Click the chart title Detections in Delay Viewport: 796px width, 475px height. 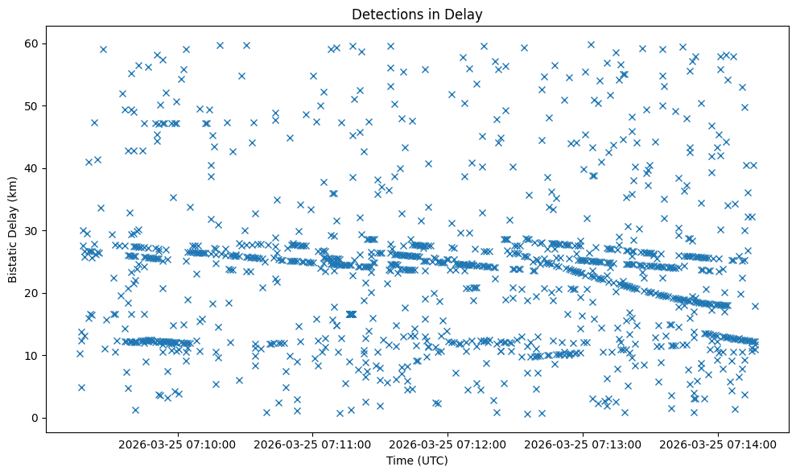click(x=417, y=14)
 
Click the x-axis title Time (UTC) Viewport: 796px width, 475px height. click(x=417, y=461)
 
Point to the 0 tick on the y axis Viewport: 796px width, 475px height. click(x=35, y=418)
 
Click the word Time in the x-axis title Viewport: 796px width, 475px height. click(x=399, y=461)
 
